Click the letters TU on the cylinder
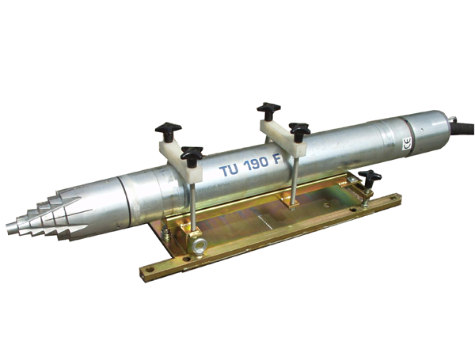229,170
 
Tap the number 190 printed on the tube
256,164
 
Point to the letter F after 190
278,159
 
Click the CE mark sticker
407,143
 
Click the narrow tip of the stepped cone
10,229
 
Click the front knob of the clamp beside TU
192,155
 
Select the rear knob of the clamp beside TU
168,131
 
